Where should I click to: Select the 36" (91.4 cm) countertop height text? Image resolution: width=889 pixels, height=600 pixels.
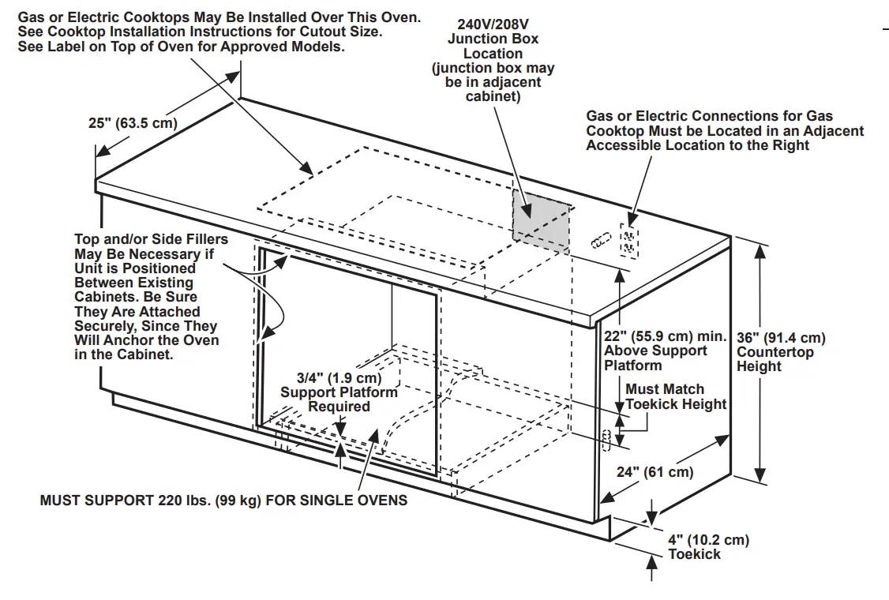[781, 338]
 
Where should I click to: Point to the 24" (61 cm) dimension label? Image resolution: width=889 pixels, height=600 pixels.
[655, 472]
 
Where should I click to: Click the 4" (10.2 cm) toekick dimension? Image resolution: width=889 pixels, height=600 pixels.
[708, 540]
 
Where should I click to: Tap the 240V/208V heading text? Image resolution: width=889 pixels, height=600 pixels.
[493, 24]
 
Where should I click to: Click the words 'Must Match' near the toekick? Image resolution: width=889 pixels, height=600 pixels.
[665, 389]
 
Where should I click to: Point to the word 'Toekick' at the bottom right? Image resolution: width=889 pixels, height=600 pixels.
[695, 554]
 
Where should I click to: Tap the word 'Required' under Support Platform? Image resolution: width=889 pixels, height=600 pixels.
[339, 407]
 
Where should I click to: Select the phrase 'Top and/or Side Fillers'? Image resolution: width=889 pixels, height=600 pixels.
[151, 239]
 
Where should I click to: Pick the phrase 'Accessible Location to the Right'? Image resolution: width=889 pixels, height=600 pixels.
[697, 145]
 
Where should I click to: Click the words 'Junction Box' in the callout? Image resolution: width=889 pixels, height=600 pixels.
[493, 39]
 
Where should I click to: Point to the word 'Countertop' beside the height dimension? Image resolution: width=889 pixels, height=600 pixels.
[775, 352]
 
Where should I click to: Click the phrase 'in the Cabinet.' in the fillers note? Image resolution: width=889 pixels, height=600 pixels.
[124, 354]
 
